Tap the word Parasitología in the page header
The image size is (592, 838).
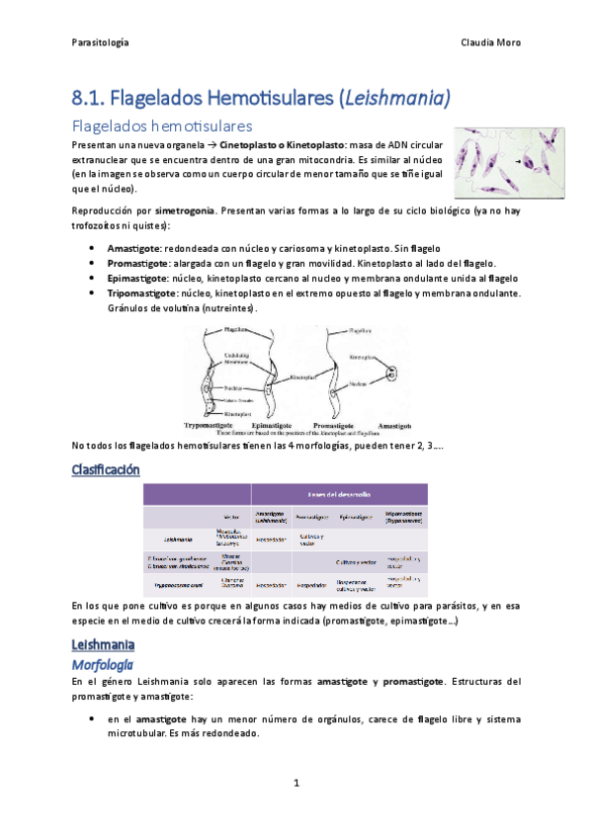(x=101, y=42)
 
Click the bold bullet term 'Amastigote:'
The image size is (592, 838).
(x=133, y=248)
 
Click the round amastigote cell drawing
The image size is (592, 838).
(x=391, y=375)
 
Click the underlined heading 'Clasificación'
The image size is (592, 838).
(x=107, y=469)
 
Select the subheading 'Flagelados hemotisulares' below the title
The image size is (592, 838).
(x=162, y=126)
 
